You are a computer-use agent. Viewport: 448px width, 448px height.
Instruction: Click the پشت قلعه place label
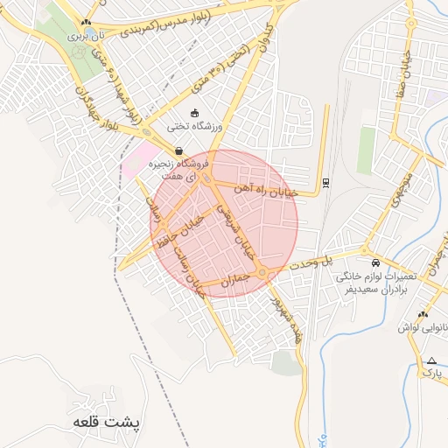(x=108, y=422)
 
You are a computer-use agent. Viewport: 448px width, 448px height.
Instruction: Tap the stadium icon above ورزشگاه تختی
(x=194, y=113)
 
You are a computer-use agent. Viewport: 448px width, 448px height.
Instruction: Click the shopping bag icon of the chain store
(x=179, y=150)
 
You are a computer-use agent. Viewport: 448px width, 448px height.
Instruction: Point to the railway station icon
(x=326, y=183)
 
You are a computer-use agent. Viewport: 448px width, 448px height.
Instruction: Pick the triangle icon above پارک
(x=431, y=360)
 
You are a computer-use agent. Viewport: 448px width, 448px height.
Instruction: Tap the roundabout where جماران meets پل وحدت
(x=262, y=273)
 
